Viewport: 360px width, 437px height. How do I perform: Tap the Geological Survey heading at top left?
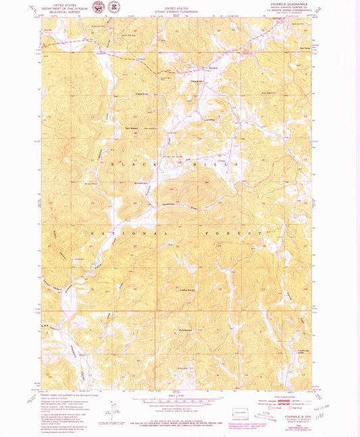point(61,10)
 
